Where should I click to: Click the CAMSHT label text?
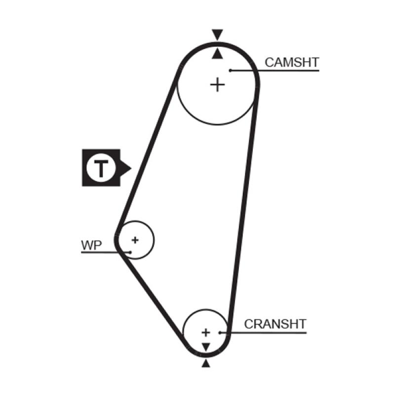[292, 63]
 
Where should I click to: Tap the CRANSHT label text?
[276, 324]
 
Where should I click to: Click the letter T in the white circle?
[101, 168]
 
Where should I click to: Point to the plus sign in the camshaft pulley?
[217, 85]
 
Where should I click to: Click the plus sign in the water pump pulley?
[135, 240]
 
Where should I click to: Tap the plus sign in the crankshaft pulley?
[206, 332]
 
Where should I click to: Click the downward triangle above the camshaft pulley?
[217, 35]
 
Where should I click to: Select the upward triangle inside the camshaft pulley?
[217, 54]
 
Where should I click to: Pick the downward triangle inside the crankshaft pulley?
[206, 346]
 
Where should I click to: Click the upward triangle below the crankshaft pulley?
[206, 363]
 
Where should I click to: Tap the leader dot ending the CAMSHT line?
[231, 71]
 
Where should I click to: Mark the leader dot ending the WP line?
[130, 252]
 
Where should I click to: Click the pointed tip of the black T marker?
[130, 168]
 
